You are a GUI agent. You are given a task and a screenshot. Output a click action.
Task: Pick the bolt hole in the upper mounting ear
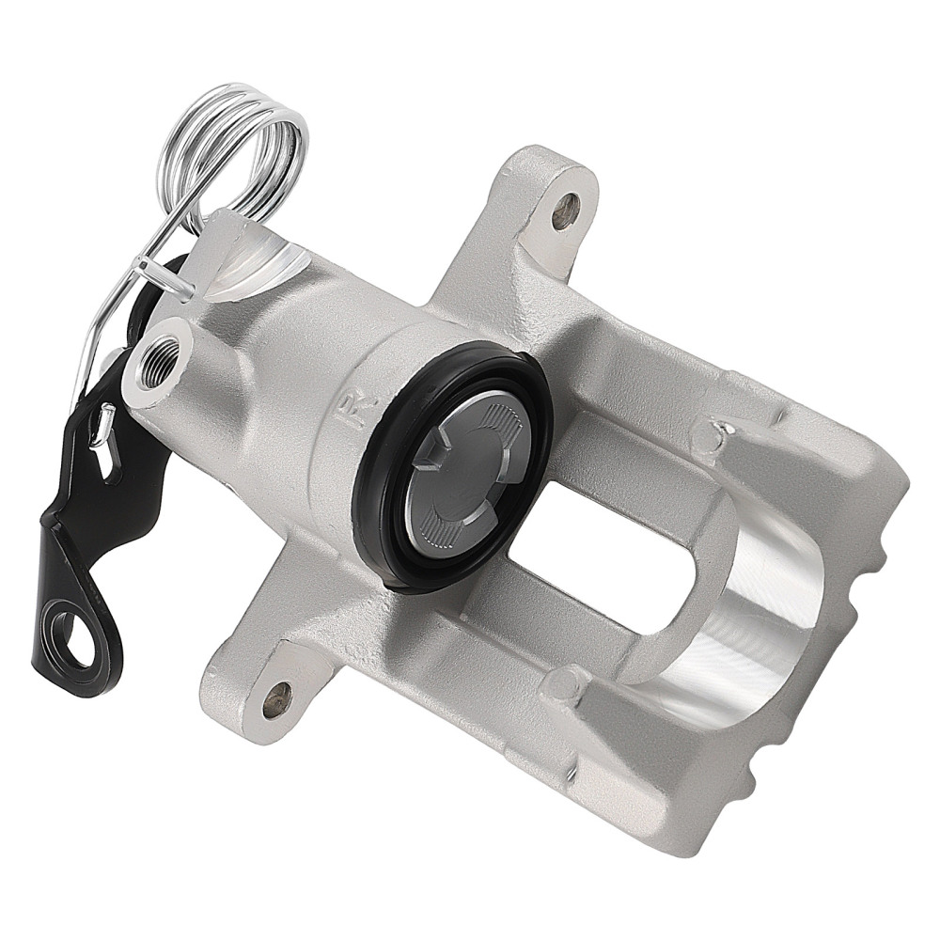click(x=565, y=212)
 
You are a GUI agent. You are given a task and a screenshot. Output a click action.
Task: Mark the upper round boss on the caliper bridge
click(x=713, y=434)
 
